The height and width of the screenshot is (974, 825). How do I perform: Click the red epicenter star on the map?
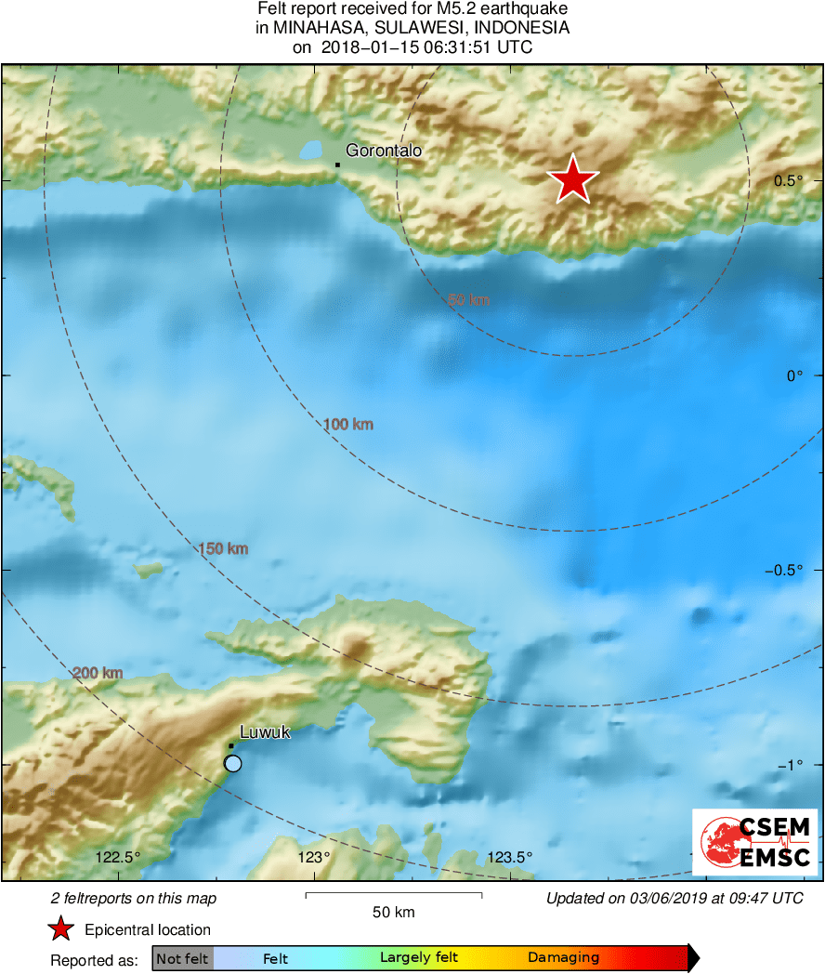(573, 179)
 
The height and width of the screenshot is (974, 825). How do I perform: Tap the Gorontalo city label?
(384, 150)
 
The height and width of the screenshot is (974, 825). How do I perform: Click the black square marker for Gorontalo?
(337, 165)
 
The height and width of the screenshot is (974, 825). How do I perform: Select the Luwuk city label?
(265, 732)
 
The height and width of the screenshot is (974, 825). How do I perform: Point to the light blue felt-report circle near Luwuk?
(233, 763)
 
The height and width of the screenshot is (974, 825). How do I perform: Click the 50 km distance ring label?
(468, 300)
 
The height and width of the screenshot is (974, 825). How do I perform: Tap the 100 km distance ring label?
(348, 425)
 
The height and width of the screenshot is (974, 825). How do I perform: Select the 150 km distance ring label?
(223, 549)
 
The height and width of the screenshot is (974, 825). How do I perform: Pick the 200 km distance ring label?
(98, 673)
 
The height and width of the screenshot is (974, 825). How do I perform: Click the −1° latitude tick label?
(791, 765)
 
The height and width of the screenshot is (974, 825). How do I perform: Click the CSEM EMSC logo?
(754, 842)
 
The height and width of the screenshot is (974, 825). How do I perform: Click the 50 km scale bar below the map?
(393, 896)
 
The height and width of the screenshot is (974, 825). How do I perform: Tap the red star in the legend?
(61, 928)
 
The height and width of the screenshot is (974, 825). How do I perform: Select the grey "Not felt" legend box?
(182, 958)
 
